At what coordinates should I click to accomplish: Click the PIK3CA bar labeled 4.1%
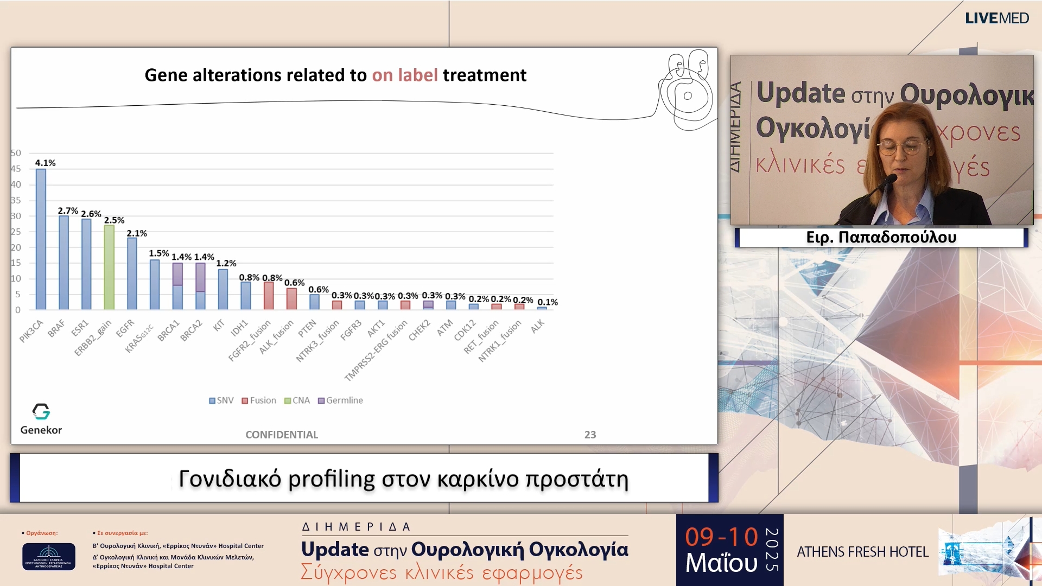[x=41, y=239]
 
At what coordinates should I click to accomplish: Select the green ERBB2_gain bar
[x=109, y=267]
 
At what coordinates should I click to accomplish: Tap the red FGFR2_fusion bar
[x=269, y=296]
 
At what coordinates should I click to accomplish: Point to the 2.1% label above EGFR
[x=137, y=233]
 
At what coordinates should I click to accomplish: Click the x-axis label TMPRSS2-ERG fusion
[x=376, y=351]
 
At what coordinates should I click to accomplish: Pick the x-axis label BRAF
[x=56, y=328]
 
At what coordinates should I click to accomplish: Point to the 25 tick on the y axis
[x=16, y=232]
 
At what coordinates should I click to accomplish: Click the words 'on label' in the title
[x=404, y=75]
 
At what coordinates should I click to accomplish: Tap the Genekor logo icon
[x=41, y=411]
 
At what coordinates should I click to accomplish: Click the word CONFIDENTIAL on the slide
[x=282, y=435]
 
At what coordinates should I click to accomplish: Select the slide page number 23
[x=590, y=435]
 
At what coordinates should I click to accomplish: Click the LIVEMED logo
[x=996, y=18]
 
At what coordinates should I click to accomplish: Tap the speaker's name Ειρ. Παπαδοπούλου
[x=881, y=237]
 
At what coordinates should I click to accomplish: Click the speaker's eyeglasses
[x=902, y=146]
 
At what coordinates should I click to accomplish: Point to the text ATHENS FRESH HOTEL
[x=862, y=552]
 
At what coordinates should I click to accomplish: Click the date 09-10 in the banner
[x=721, y=537]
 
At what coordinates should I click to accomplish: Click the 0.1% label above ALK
[x=548, y=302]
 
